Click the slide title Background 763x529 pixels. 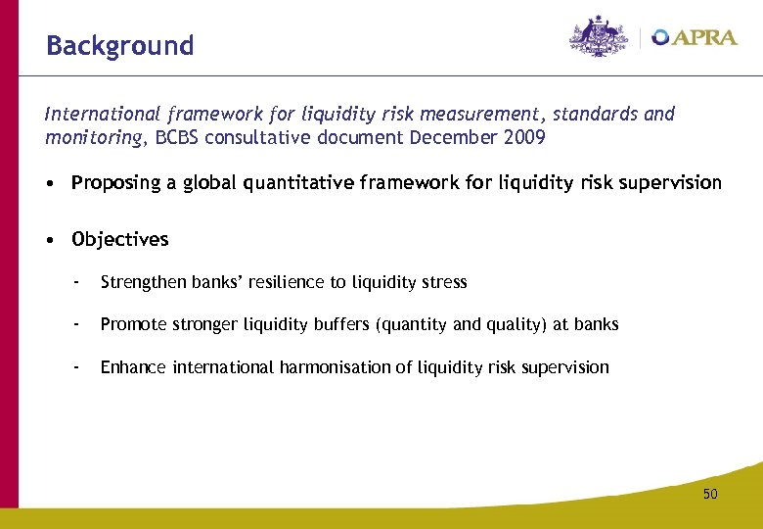coord(120,46)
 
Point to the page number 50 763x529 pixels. coord(709,494)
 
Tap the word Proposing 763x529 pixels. coord(115,183)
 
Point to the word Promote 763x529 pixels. coord(133,324)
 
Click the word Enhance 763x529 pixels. coord(134,367)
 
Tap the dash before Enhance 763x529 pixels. coord(75,367)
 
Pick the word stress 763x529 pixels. coord(444,282)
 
